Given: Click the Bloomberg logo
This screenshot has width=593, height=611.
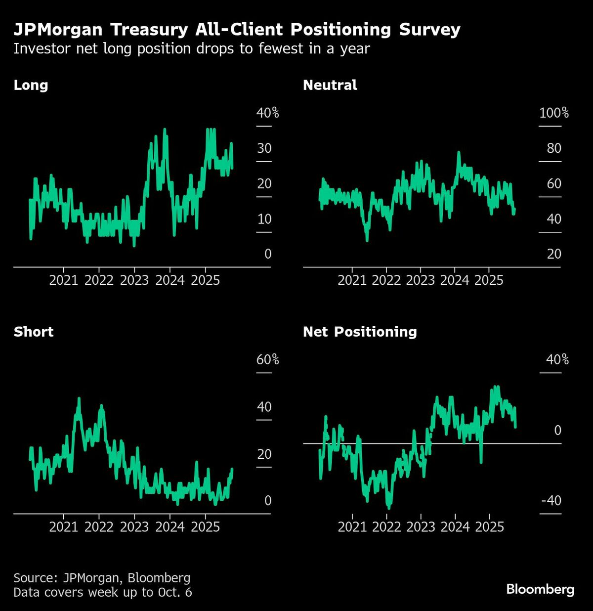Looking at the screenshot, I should click(540, 589).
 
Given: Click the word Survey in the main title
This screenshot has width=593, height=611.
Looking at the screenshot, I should click(429, 30).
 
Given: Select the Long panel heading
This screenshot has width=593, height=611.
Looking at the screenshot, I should click(31, 85).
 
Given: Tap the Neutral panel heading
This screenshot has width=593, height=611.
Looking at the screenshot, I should click(330, 85).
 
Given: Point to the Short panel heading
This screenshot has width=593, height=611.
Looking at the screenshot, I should click(33, 332).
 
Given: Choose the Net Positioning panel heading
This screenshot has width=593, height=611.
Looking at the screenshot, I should click(360, 332).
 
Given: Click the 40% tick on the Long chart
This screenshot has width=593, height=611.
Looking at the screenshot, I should click(267, 113).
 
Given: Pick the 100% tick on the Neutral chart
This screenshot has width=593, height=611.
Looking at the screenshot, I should click(553, 113).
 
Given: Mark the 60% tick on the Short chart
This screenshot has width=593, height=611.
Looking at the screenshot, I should click(267, 360).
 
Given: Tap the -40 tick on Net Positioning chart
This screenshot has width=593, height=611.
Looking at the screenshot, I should click(551, 501).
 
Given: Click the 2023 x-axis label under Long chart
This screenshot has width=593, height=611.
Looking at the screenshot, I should click(134, 280).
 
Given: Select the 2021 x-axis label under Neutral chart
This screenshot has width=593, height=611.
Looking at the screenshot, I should click(352, 280).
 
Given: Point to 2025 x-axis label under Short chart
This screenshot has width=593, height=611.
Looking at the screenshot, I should click(205, 527).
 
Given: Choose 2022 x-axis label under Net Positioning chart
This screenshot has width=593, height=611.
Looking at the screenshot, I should click(386, 527).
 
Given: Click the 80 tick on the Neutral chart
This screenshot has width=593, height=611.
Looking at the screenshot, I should click(554, 148).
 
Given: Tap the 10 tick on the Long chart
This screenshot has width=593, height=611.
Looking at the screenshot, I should click(264, 219).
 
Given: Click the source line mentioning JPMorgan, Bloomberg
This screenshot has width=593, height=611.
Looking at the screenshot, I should click(102, 578).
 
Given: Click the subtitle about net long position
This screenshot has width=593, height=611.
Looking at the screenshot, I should click(191, 49).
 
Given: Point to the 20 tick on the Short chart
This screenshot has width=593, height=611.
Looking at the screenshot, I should click(264, 454).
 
